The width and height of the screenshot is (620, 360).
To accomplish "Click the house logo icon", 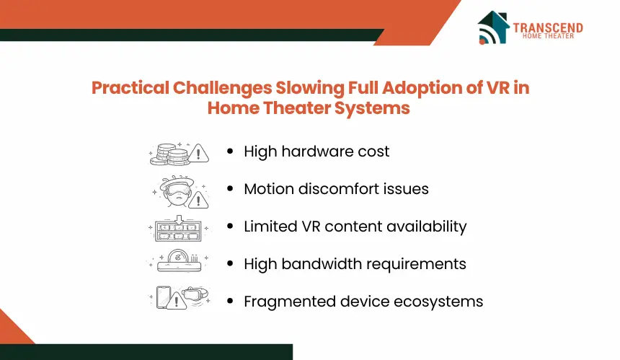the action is [493, 27].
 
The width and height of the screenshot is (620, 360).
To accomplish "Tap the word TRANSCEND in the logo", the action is [548, 27].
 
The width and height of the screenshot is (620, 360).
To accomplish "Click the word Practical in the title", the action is [130, 88].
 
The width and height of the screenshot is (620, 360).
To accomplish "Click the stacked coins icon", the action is [169, 154].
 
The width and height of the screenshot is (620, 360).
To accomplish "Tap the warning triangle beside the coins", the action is [198, 154].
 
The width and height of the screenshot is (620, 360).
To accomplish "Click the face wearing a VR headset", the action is [177, 190].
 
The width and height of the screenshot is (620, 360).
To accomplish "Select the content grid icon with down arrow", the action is [178, 229].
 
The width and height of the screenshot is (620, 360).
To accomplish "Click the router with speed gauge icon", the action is [179, 260].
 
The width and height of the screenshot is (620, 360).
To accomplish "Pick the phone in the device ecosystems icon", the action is [164, 297].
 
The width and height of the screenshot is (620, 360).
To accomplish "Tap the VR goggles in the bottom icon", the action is [195, 294].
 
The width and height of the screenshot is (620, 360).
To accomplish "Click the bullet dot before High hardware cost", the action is [230, 151].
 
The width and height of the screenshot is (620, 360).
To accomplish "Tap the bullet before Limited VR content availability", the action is [230, 227].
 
